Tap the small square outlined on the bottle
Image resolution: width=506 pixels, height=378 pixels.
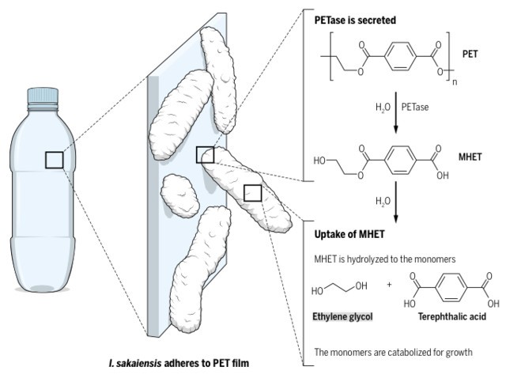54,160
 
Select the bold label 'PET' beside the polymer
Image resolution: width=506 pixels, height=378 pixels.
470,55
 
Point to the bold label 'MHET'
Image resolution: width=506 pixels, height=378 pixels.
470,157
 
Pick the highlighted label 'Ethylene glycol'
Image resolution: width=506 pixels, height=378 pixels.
342,316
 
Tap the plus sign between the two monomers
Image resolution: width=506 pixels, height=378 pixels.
389,285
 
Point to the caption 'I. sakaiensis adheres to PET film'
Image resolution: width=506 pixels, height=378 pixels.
177,364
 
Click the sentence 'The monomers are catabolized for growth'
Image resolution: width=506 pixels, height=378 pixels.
393,351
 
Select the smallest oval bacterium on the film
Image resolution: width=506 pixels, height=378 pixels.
179,195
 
